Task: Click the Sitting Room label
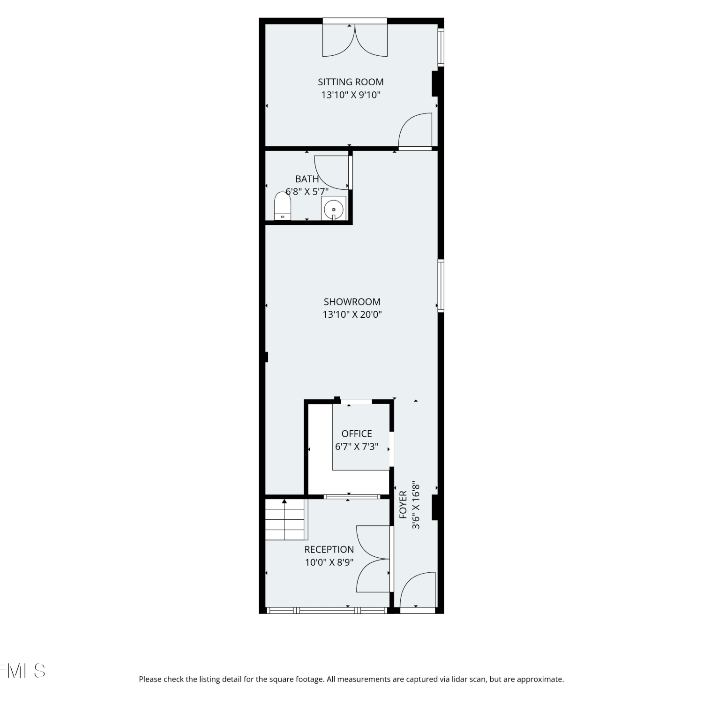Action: pos(351,82)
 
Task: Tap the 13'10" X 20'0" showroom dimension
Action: pos(352,314)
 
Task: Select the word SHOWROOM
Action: pos(352,302)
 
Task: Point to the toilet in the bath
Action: pos(283,206)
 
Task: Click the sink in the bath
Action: pos(334,208)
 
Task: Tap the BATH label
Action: pos(307,179)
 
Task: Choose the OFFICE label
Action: pos(357,434)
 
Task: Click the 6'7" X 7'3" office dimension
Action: pos(357,447)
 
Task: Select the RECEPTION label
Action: pos(329,549)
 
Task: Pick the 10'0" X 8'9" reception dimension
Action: pos(329,562)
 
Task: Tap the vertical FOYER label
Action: pos(403,505)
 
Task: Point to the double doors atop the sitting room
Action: pos(355,40)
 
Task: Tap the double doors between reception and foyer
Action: pos(373,559)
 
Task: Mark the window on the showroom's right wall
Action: pos(441,286)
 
